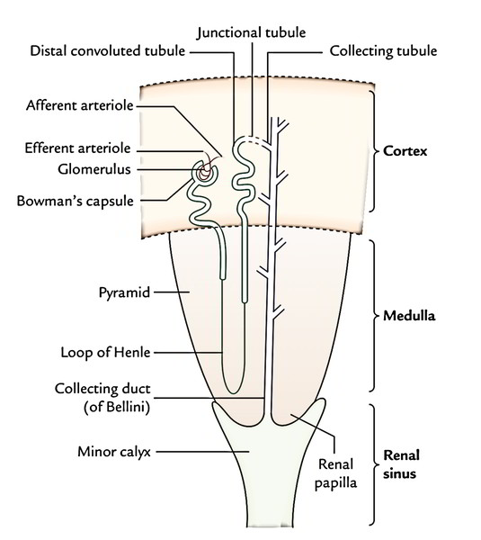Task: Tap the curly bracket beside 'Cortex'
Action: [375, 150]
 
